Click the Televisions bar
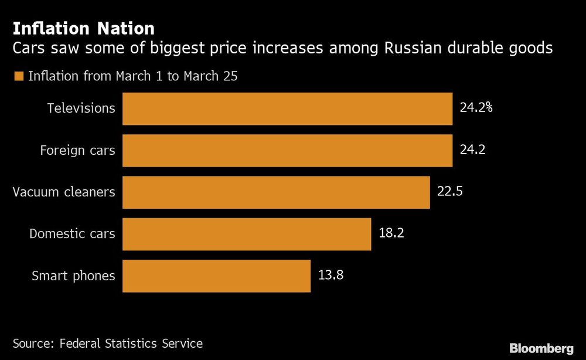[287, 108]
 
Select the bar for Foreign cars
[287, 151]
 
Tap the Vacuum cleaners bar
[276, 192]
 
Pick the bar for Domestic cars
[247, 234]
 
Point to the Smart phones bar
[216, 276]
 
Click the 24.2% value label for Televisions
[476, 108]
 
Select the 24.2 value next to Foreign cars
[472, 150]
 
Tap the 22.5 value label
[450, 192]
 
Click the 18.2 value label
[391, 233]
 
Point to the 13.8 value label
[331, 276]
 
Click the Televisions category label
[81, 108]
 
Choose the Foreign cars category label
[77, 151]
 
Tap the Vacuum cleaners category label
[64, 192]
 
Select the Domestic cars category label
[72, 234]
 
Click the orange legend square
[18, 76]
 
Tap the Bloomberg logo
[541, 348]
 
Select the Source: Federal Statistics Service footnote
[108, 344]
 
